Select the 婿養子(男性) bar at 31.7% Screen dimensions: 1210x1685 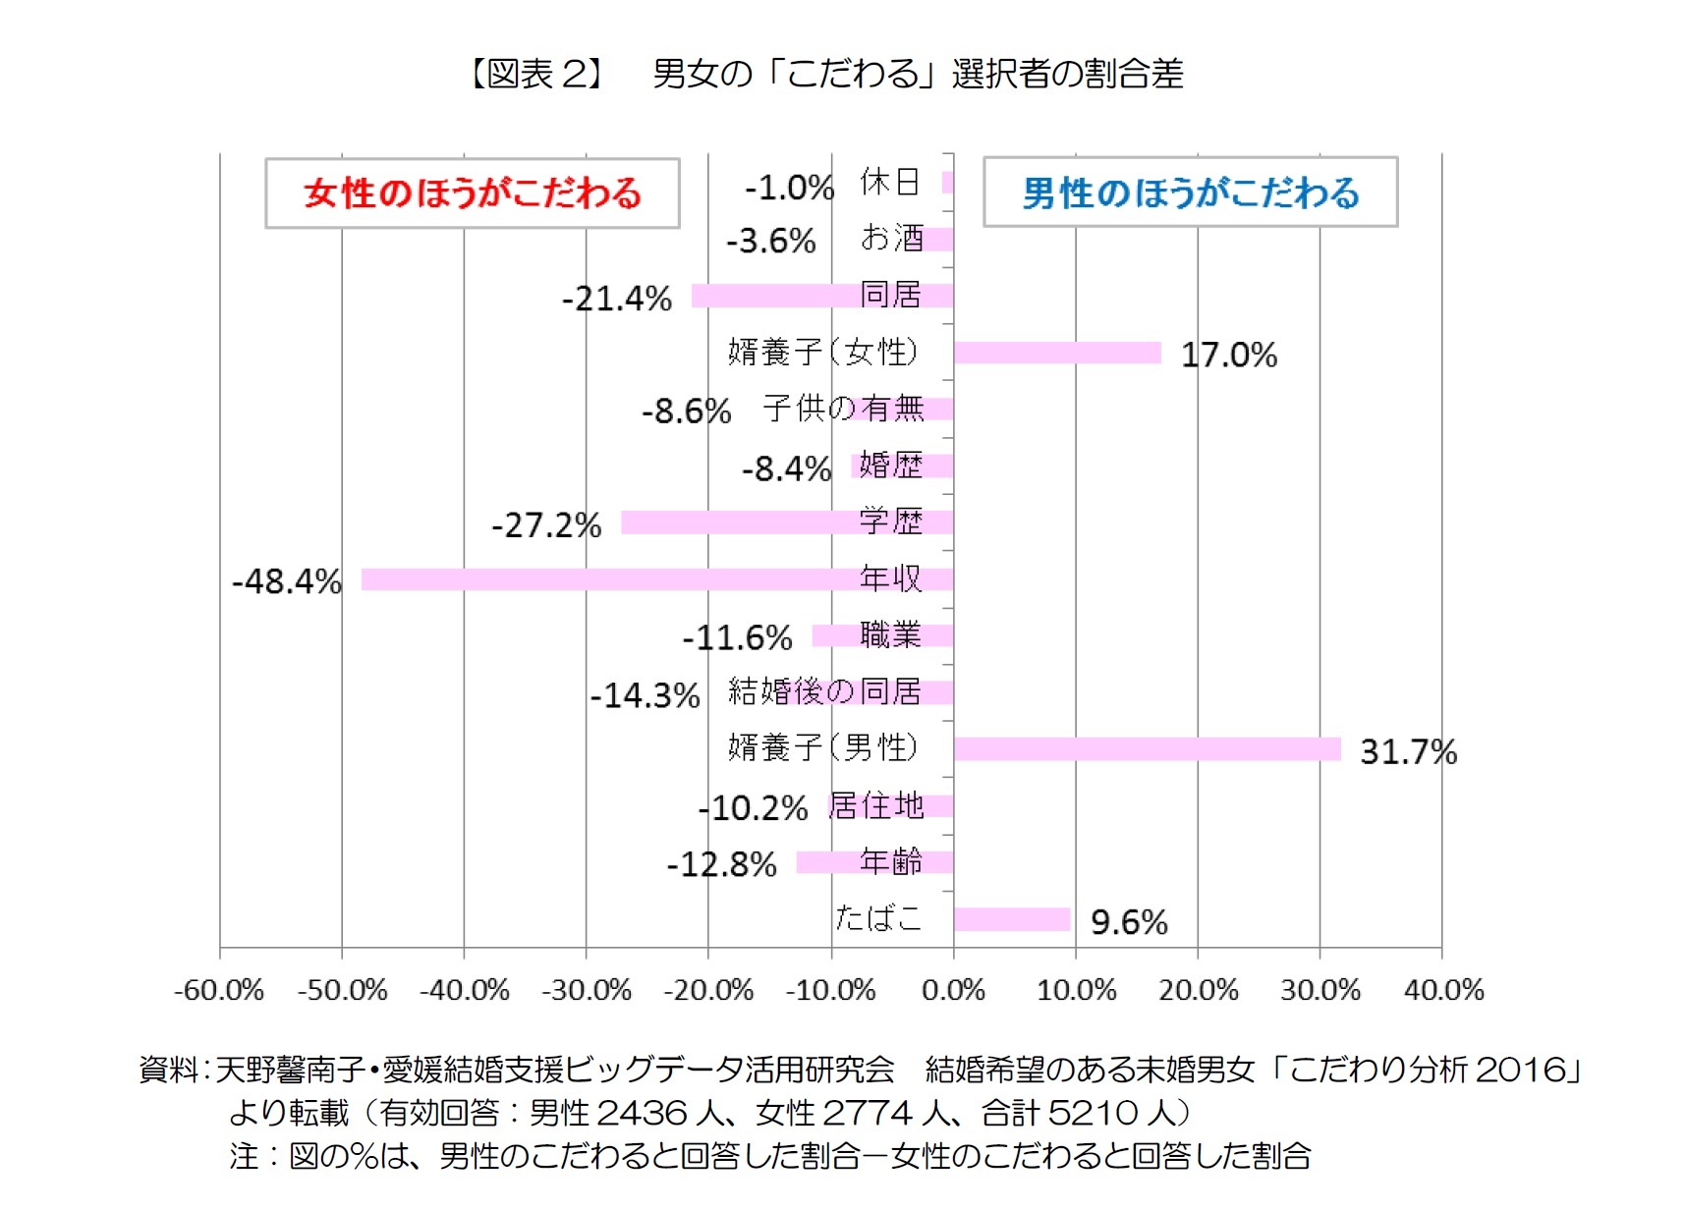pos(1147,749)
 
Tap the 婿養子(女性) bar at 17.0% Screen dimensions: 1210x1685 pos(1057,353)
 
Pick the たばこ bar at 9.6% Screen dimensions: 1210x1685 pos(1011,919)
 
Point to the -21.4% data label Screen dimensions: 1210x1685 pos(617,298)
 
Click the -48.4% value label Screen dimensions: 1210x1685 pos(287,581)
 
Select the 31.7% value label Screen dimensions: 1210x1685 pos(1407,752)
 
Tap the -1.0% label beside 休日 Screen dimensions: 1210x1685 pos(789,187)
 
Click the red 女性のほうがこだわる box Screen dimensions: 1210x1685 pos(472,193)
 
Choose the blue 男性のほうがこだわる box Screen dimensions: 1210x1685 pos(1190,192)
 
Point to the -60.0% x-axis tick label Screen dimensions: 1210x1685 pos(219,990)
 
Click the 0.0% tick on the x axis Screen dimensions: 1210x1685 pos(953,990)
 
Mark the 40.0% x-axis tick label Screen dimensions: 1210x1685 pos(1442,990)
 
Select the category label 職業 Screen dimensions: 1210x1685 pos(890,635)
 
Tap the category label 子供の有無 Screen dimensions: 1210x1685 pos(843,408)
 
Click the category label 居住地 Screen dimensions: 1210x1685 pos(875,805)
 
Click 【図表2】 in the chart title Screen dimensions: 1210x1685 pos(535,74)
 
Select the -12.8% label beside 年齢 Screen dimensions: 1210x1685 pos(722,864)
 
